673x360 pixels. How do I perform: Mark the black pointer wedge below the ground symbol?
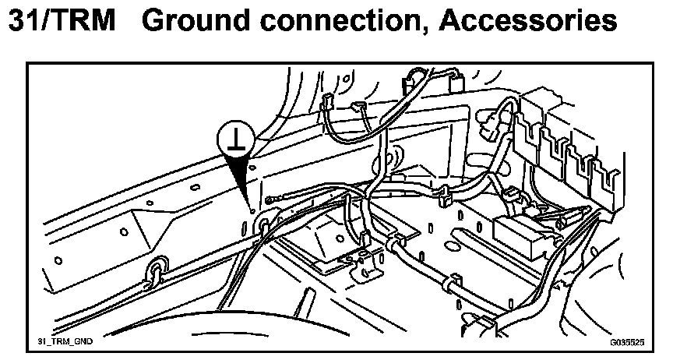pos(243,179)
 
